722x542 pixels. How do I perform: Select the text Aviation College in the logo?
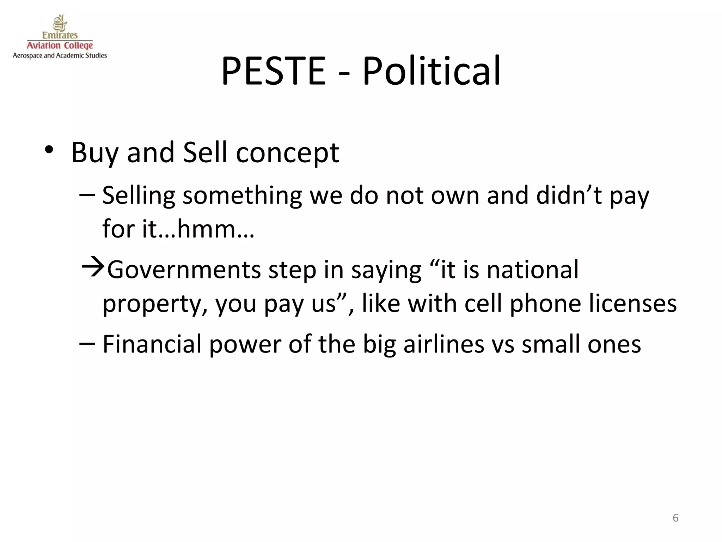(x=60, y=46)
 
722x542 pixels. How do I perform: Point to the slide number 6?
(x=675, y=518)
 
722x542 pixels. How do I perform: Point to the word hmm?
(x=207, y=229)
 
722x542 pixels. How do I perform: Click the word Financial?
(x=152, y=344)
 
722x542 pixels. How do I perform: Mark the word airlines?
(x=444, y=344)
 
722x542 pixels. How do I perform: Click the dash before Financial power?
(x=87, y=343)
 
